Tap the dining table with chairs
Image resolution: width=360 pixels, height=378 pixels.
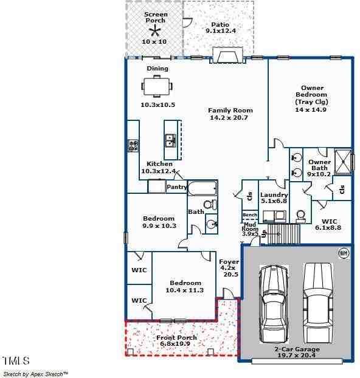[157, 86]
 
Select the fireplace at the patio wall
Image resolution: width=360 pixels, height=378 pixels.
[227, 57]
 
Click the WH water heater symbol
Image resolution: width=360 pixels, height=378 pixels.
[343, 252]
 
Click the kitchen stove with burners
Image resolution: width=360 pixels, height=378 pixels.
[133, 145]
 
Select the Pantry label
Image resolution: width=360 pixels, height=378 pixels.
[176, 187]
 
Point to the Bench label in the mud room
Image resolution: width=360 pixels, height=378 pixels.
[249, 215]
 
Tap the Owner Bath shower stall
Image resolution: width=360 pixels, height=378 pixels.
[343, 161]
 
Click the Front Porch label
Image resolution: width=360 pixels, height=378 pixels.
[176, 338]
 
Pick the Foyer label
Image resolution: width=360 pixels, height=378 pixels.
[229, 261]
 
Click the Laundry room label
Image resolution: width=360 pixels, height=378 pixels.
[274, 195]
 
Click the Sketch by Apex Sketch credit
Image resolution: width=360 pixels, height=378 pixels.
[35, 374]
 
